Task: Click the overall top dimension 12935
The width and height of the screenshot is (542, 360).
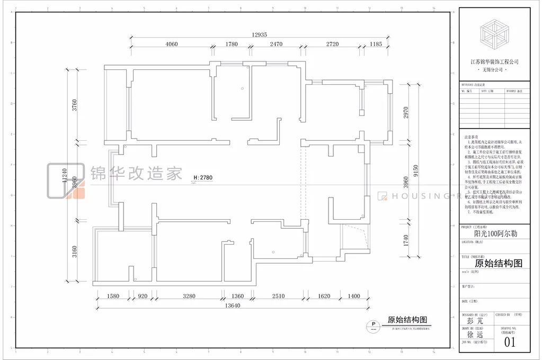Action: (259, 34)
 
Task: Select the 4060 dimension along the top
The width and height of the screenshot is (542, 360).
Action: (172, 44)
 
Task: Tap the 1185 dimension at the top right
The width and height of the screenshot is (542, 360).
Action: (376, 44)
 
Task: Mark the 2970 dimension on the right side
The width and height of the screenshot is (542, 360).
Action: (406, 112)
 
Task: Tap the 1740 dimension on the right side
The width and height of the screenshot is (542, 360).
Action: (406, 241)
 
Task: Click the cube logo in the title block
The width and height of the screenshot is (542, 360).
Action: (494, 35)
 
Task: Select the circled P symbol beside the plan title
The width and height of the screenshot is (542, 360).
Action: (373, 325)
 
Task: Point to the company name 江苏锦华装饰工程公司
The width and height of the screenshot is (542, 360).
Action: (494, 62)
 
